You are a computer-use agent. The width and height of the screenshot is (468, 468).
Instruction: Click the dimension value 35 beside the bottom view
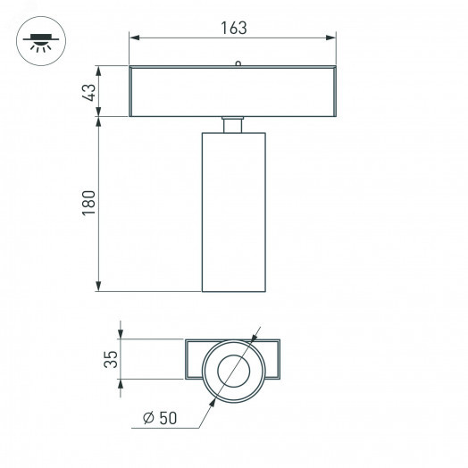pyautogui.click(x=111, y=360)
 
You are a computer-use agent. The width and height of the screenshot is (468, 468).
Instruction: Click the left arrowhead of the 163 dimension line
pyautogui.click(x=134, y=38)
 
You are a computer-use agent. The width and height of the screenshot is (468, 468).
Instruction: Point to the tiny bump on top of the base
pyautogui.click(x=238, y=63)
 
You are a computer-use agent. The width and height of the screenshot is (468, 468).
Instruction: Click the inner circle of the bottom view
pyautogui.click(x=233, y=370)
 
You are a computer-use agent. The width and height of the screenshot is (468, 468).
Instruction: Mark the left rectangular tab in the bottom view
pyautogui.click(x=196, y=360)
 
